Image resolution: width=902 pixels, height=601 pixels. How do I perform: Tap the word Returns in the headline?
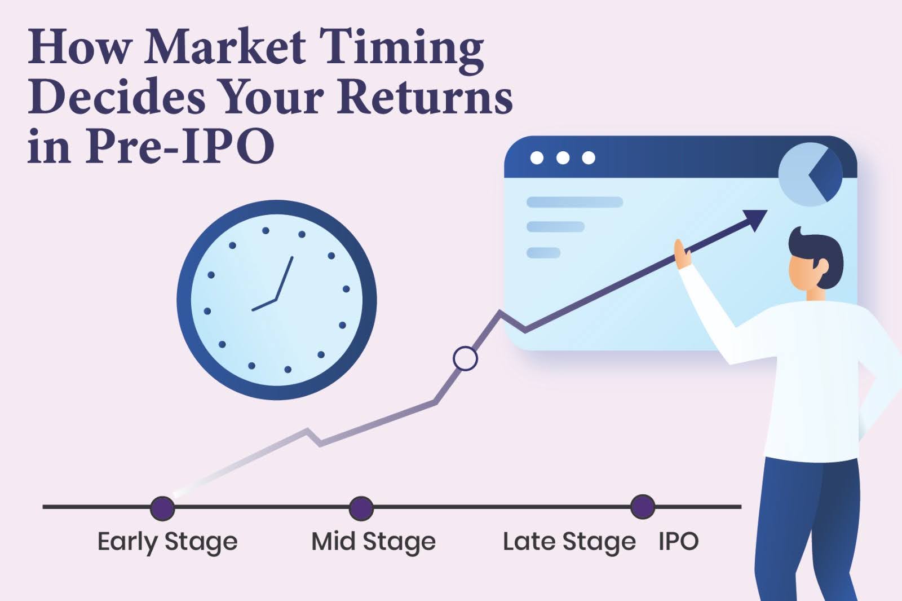426,98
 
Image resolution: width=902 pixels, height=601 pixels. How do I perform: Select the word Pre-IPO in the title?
180,146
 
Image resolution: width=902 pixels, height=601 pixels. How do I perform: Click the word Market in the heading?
225,46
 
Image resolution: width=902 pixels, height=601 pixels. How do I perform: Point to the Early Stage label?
167,542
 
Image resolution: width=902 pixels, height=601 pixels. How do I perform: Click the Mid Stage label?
373,542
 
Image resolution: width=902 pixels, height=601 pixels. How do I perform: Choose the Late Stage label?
569,542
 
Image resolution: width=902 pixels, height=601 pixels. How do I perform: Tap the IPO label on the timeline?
678,542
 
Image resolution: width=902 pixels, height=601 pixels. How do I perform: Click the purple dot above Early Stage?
162,508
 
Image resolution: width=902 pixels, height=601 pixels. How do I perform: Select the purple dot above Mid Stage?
361,508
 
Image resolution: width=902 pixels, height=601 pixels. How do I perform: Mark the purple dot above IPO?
642,507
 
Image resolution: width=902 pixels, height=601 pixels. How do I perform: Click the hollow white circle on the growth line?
465,358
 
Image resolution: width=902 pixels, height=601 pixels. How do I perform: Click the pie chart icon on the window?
810,174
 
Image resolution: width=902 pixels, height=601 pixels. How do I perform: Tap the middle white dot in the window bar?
563,158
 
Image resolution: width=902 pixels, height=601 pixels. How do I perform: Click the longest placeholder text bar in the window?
574,202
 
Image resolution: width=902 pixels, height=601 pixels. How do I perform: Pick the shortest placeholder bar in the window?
543,253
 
